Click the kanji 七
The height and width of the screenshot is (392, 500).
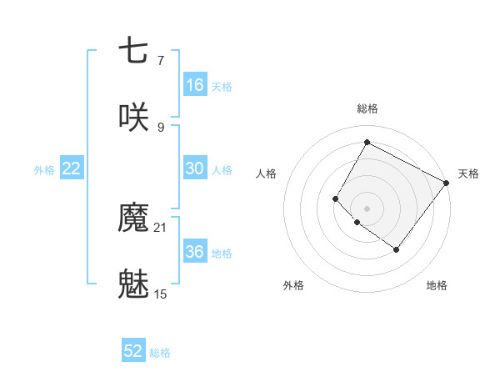pos(133,51)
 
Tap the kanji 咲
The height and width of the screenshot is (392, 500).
pos(133,116)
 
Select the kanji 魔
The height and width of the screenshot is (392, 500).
pos(133,219)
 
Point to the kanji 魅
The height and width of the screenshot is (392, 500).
pos(133,284)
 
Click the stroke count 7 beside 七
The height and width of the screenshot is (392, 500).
pos(160,60)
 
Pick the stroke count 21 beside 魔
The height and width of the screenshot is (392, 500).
pos(161,228)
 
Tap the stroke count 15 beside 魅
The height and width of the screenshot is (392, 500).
pos(161,294)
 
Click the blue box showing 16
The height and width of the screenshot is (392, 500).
pos(194,84)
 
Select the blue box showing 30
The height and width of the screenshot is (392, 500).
pos(194,168)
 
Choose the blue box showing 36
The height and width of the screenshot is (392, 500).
pos(194,252)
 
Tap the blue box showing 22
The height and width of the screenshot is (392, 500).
pos(72,168)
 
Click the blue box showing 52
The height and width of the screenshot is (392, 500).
pos(133,351)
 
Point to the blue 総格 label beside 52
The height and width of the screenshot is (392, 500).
pos(160,353)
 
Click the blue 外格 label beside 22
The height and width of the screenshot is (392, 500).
pos(44,170)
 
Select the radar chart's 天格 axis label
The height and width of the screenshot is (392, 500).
pos(468,173)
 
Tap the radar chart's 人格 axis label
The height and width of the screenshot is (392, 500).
pos(267,173)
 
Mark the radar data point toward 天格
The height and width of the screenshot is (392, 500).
pos(446,183)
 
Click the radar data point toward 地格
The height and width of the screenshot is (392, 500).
pos(396,249)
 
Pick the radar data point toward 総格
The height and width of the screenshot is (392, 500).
pos(367,143)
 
